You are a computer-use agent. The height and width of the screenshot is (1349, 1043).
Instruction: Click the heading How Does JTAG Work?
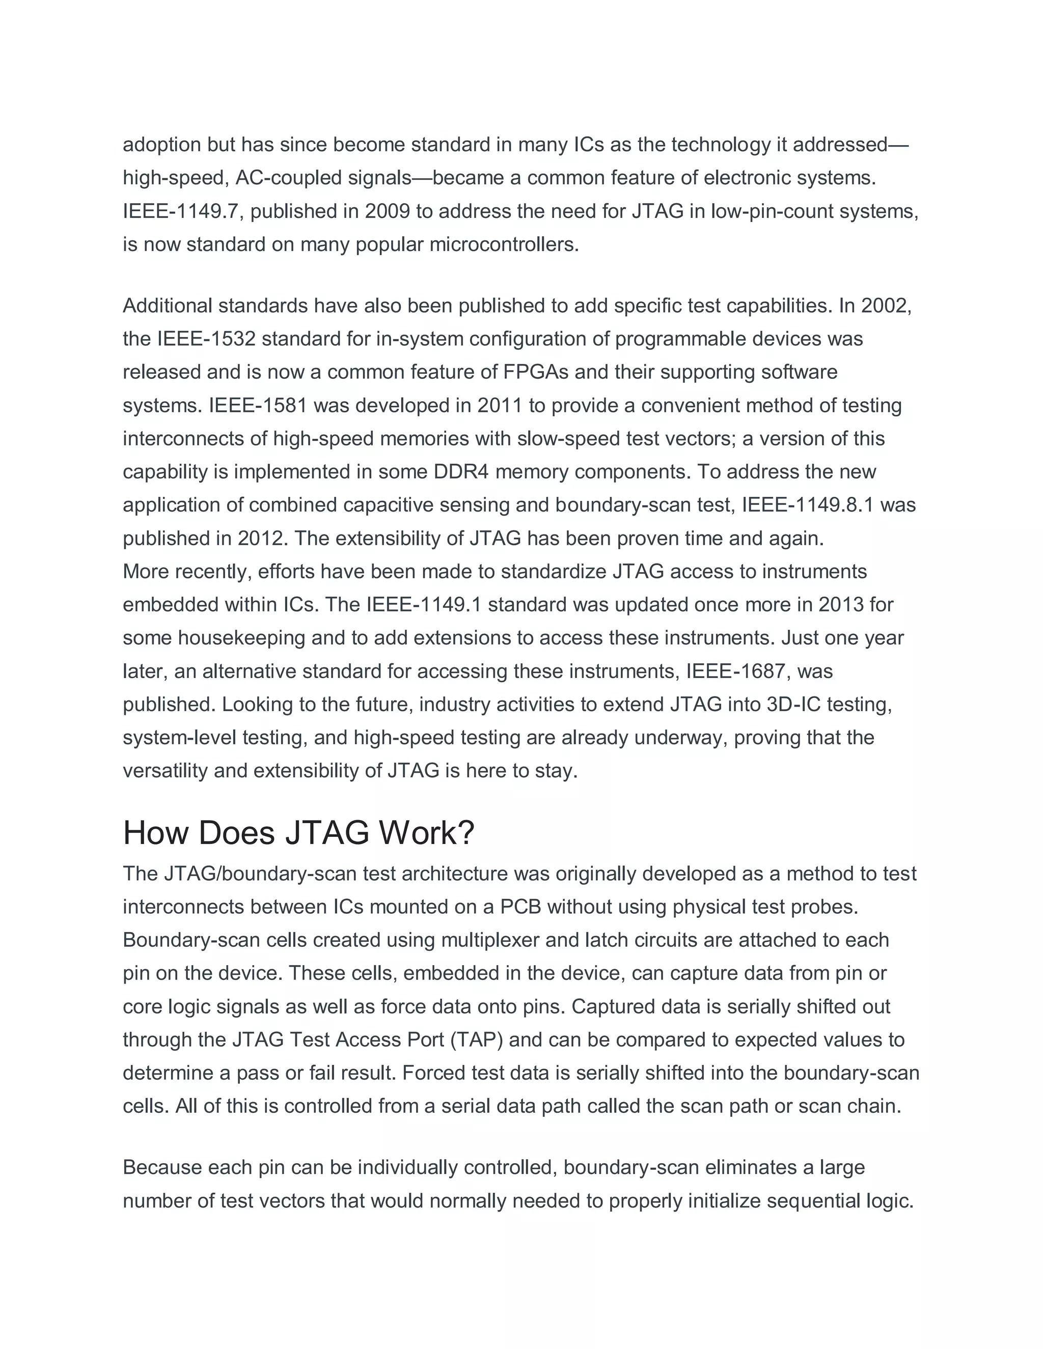click(x=298, y=833)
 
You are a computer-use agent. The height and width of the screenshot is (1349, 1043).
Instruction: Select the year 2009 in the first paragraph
click(x=388, y=211)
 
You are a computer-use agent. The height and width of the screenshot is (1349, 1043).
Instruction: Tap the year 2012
click(x=260, y=539)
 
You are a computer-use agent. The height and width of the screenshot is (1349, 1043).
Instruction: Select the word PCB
click(x=520, y=907)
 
